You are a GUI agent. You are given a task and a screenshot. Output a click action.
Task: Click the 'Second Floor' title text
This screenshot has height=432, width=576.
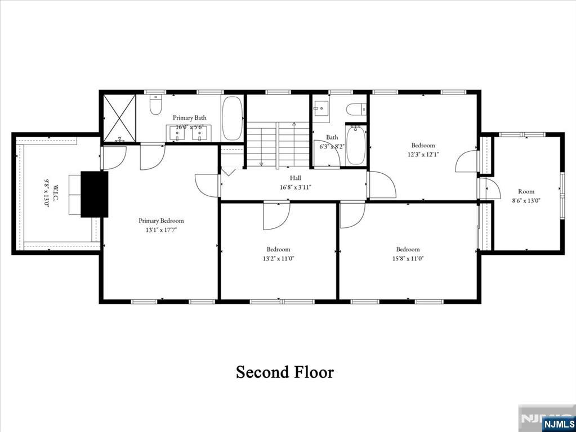pos(284,372)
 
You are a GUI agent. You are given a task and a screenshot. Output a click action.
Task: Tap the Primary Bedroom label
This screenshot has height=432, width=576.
pos(161,220)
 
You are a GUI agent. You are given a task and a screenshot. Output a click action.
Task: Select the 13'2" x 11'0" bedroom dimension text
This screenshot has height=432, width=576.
pos(278,259)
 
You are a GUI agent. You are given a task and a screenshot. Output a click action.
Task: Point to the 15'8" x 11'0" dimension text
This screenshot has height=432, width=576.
pos(407,259)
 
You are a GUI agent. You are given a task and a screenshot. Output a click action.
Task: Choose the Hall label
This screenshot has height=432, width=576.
pos(295,178)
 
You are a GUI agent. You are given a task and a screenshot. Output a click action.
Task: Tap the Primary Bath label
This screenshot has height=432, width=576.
pos(189,118)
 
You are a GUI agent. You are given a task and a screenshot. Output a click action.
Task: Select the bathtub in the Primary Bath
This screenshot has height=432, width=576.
pos(231,119)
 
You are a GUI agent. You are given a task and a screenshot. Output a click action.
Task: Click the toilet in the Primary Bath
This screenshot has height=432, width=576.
pos(155,105)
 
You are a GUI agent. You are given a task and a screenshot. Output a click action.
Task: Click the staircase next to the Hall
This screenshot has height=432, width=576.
pos(278,145)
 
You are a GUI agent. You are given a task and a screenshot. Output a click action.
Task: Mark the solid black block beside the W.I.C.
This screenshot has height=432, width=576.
pos(94,194)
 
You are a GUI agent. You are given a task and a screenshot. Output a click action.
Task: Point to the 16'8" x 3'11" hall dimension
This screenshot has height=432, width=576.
pos(295,187)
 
